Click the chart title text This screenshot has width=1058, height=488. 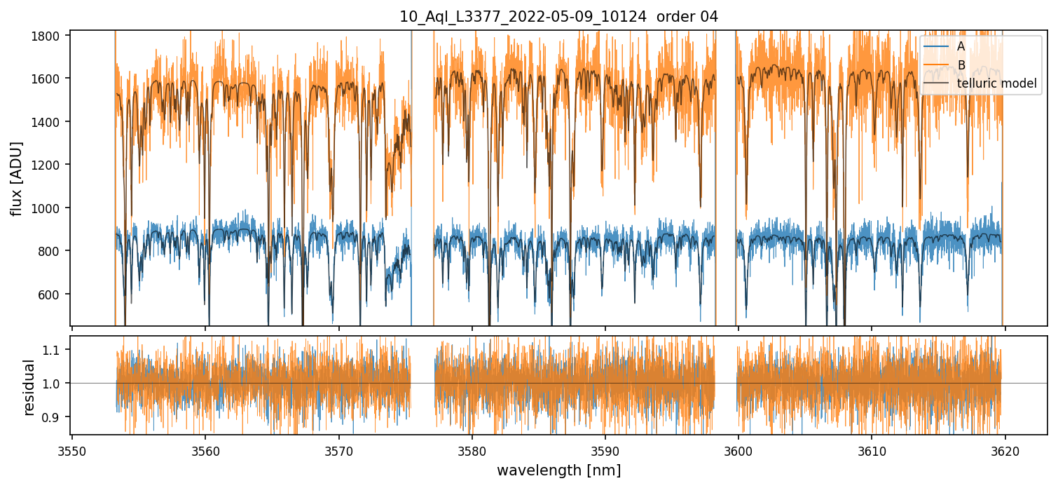pos(558,17)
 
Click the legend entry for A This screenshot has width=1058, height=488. pos(961,46)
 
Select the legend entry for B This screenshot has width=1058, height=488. pos(961,65)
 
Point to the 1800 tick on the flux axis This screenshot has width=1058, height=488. pos(51,36)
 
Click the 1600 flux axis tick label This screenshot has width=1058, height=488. pos(51,79)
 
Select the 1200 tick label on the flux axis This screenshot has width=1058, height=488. pos(51,165)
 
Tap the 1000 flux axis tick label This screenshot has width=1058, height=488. pos(51,208)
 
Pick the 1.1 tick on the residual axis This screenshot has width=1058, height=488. pos(57,349)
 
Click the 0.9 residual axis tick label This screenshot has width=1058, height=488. pos(57,417)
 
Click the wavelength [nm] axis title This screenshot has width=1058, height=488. pos(558,470)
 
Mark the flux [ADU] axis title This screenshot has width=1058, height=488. pos(17,178)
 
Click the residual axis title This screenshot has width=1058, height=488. pos(29,387)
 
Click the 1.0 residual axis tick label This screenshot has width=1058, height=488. pos(57,384)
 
